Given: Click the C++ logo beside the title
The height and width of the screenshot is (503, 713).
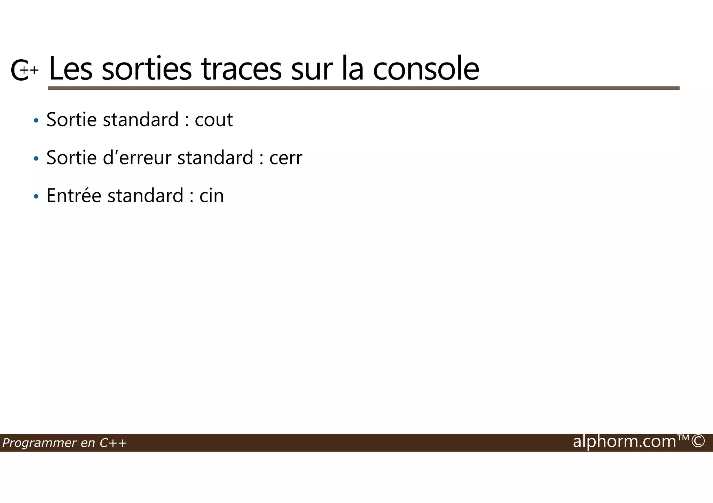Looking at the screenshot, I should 24,70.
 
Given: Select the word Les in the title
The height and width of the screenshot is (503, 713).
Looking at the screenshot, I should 71,69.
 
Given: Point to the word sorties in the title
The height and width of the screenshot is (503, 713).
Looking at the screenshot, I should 146,69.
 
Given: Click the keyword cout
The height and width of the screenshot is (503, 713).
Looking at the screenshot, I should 213,120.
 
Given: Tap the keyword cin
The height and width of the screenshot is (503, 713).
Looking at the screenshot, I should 211,196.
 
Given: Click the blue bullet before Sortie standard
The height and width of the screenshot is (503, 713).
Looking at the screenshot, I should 36,121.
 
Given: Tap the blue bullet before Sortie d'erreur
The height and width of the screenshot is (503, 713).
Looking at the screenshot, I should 36,159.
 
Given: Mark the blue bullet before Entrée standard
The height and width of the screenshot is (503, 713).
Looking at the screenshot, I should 36,197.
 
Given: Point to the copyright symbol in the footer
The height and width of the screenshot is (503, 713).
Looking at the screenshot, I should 698,441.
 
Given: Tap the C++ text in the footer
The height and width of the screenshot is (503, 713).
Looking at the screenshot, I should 113,443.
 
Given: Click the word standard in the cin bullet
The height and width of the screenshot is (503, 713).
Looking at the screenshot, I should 145,196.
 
